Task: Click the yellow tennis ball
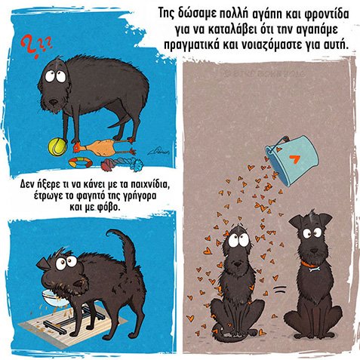coord(57,147)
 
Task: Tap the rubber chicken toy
coord(104,149)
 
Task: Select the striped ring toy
coord(80,162)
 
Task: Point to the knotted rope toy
coord(122,165)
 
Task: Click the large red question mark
coord(29,47)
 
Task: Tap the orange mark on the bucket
coord(294,159)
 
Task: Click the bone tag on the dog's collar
coord(315,269)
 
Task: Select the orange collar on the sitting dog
coord(309,264)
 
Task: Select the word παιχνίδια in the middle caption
coord(149,185)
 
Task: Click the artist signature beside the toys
coord(158,151)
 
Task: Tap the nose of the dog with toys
coord(54,102)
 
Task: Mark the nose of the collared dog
coord(314,251)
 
